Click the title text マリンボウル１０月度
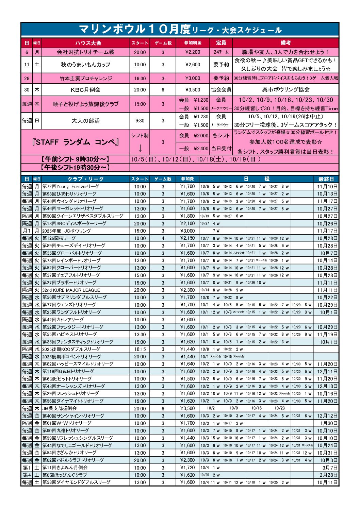pyautogui.click(x=135, y=29)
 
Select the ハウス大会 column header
pyautogui.click(x=88, y=43)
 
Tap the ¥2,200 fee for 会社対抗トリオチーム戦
pyautogui.click(x=193, y=52)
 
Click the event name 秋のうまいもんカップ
pyautogui.click(x=85, y=65)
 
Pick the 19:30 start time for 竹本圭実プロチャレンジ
pyautogui.click(x=140, y=79)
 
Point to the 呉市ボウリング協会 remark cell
pyautogui.click(x=285, y=90)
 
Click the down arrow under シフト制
pyautogui.click(x=140, y=149)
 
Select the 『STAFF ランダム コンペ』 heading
pyautogui.click(x=75, y=142)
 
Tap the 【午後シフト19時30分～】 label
pyautogui.click(x=75, y=168)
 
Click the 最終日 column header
pyautogui.click(x=326, y=179)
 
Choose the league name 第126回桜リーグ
pyautogui.click(x=59, y=238)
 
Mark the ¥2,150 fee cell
pyautogui.click(x=187, y=238)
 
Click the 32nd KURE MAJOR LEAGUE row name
pyautogui.click(x=71, y=290)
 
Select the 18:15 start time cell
pyautogui.click(x=140, y=350)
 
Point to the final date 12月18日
pyautogui.click(x=327, y=387)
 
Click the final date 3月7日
pyautogui.click(x=330, y=468)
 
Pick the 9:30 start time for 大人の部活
pyautogui.click(x=140, y=121)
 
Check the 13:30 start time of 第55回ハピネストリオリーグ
pyautogui.click(x=140, y=335)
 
